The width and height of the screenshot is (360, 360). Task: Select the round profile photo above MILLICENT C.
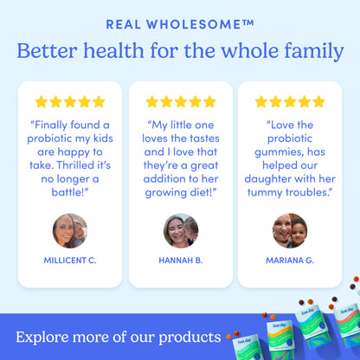70,230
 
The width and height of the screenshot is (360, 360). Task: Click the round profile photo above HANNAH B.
180,230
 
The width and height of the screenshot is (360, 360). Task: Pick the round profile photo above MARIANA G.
290,230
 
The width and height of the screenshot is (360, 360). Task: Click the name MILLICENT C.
70,260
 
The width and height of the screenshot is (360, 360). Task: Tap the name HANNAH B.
180,260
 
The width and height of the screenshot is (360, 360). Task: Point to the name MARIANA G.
290,260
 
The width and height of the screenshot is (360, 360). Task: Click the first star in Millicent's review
41,102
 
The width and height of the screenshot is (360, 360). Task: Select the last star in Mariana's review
318,102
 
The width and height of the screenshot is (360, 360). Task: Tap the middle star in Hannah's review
180,102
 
